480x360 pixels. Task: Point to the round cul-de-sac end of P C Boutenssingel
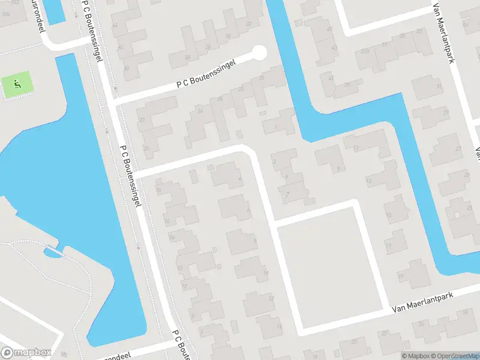(x=259, y=53)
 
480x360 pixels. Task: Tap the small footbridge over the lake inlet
(x=53, y=251)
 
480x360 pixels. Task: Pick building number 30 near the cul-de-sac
(x=261, y=78)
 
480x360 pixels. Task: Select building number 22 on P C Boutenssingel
(x=142, y=120)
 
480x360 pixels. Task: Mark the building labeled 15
(x=389, y=214)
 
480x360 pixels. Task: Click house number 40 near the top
(x=127, y=68)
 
